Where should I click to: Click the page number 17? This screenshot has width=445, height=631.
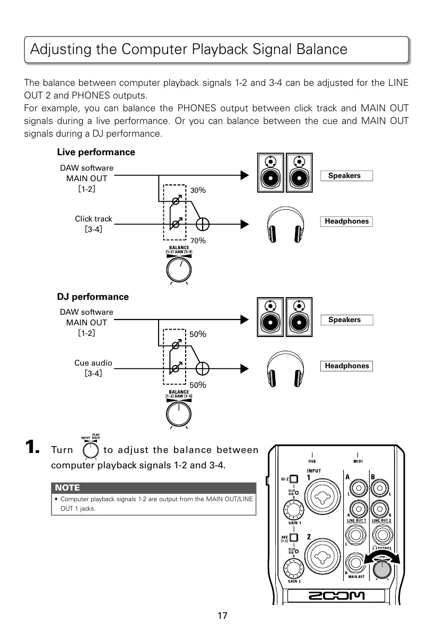coord(222,616)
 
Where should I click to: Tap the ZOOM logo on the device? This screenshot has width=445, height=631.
coord(337,597)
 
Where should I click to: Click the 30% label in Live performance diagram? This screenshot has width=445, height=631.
coord(198,190)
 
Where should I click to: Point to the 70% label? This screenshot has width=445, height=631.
coord(198,241)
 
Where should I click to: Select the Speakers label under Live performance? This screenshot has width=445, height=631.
coord(346,176)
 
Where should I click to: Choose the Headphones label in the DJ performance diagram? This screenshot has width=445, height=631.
coord(346,366)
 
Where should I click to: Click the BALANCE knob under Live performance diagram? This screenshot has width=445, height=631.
coord(179,270)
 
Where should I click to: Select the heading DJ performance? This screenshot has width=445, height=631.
coord(93,297)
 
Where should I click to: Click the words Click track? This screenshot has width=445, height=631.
coord(93,219)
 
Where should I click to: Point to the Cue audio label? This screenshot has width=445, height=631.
coord(93,363)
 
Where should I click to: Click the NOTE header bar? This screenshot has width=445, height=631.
coord(154,487)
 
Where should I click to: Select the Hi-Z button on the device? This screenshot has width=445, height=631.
coord(293,479)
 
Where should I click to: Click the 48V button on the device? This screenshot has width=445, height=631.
coord(293,538)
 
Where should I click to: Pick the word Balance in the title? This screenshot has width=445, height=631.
coord(317,49)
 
